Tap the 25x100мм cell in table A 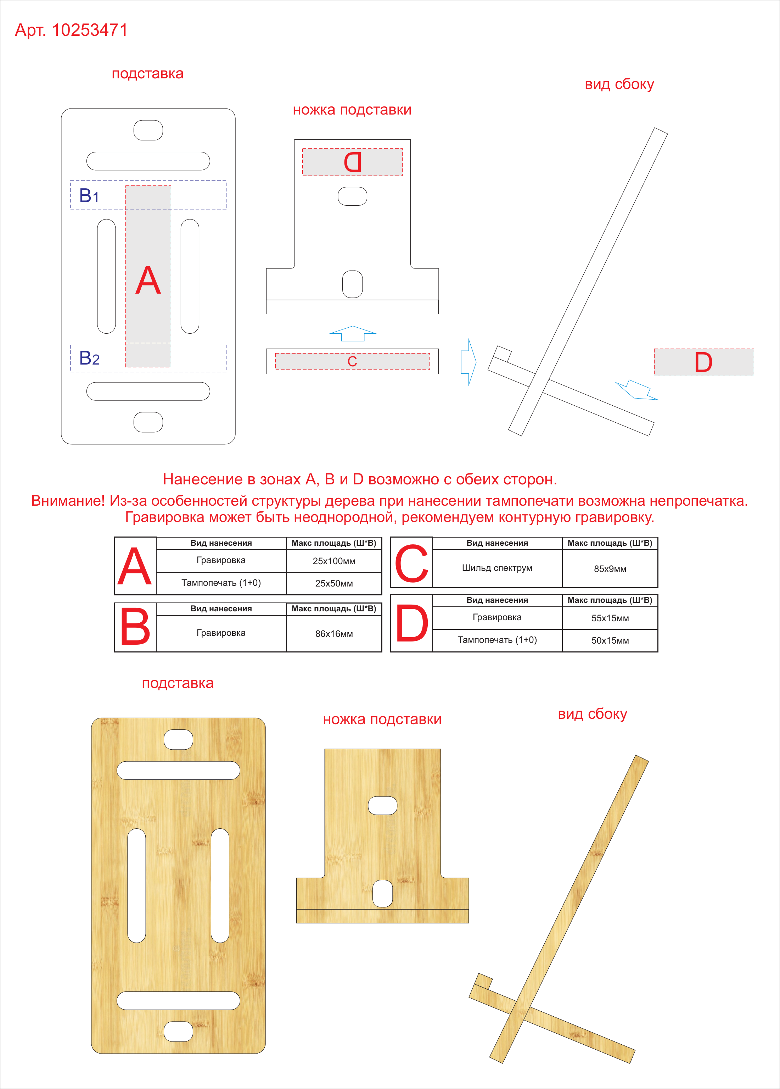[334, 561]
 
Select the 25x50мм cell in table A [334, 583]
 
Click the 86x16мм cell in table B [334, 634]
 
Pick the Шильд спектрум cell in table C [497, 568]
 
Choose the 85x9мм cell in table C [610, 568]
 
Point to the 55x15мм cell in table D [610, 618]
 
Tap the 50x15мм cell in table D [610, 640]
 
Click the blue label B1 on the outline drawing [89, 195]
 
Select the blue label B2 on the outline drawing [89, 358]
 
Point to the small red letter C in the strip [352, 362]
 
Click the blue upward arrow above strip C [353, 333]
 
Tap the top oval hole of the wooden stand [179, 739]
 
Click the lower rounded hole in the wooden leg [383, 894]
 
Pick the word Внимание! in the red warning [68, 501]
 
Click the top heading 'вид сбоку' [619, 84]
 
